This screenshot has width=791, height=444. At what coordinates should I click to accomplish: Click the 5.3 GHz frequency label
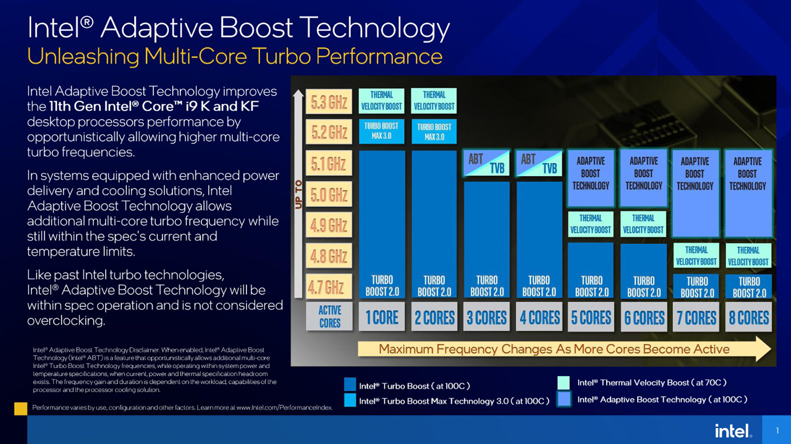[329, 102]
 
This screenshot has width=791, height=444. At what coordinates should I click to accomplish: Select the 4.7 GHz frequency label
[329, 287]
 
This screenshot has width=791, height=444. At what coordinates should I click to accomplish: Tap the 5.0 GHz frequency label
[329, 195]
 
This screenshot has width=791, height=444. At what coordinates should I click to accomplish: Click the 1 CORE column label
[382, 317]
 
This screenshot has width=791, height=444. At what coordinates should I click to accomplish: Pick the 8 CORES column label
[748, 317]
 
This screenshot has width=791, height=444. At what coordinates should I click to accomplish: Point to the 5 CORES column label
[591, 317]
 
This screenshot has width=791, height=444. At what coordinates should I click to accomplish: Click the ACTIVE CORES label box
[329, 316]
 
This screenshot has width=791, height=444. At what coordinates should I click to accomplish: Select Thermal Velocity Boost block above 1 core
[381, 101]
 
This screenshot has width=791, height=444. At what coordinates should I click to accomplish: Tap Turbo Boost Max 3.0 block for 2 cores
[434, 132]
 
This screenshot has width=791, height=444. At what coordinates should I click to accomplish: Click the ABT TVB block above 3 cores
[486, 162]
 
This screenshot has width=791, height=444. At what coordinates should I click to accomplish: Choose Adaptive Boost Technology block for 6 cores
[643, 177]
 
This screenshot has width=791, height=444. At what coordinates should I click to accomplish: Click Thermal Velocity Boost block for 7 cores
[696, 256]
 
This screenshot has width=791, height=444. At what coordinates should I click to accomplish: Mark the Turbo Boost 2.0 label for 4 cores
[539, 287]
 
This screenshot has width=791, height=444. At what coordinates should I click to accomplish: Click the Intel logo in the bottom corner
[733, 430]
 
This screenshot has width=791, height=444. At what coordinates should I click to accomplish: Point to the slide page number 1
[777, 431]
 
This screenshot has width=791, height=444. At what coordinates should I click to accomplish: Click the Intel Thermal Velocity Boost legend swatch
[563, 383]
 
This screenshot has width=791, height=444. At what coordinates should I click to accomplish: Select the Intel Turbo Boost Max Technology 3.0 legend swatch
[350, 401]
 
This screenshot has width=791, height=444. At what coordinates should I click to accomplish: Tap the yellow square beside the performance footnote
[20, 408]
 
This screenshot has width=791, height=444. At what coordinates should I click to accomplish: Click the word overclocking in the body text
[66, 320]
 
